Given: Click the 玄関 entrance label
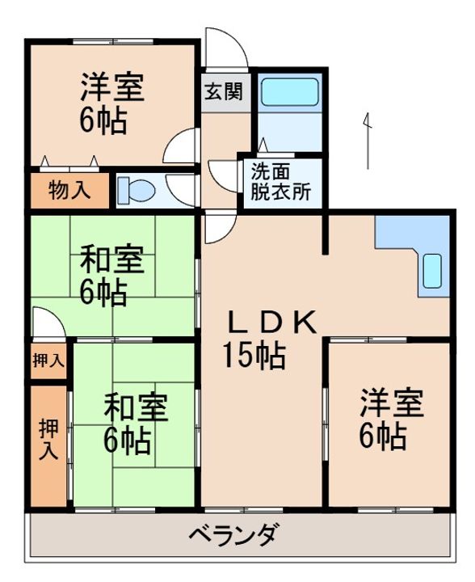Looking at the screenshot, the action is click(x=224, y=91).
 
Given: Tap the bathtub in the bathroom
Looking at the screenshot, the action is click(x=289, y=91).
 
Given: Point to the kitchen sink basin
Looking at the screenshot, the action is click(x=432, y=271).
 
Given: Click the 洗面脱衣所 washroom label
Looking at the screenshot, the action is click(x=280, y=182).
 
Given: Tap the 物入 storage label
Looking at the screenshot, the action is click(x=69, y=191).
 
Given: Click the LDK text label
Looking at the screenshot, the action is click(x=272, y=322).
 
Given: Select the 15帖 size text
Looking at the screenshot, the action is click(x=254, y=355).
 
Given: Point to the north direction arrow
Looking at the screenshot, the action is click(x=368, y=141).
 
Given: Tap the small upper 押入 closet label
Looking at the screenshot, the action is click(x=48, y=360).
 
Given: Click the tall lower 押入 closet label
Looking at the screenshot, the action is click(x=49, y=439).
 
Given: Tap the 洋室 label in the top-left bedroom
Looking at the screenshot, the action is click(x=112, y=87).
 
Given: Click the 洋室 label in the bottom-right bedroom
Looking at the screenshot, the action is click(x=393, y=403).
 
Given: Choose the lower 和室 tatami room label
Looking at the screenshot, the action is click(x=136, y=407).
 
